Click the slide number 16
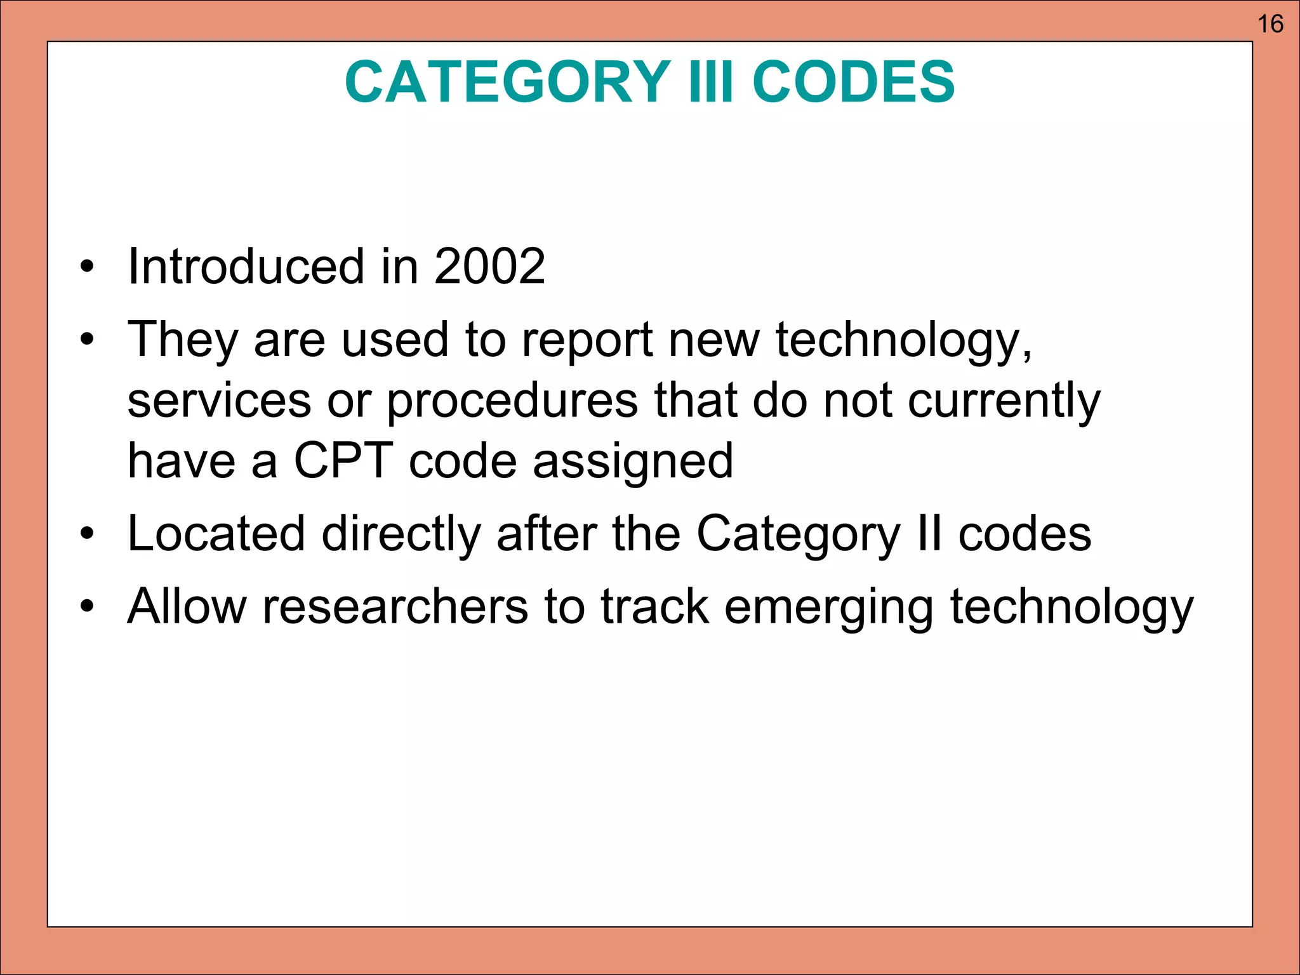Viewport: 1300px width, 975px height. (x=1270, y=24)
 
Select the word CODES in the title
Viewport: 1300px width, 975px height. (x=853, y=82)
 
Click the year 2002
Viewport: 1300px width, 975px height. (x=489, y=266)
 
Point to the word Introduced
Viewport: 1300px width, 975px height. (x=246, y=266)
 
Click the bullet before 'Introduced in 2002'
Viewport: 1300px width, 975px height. (x=87, y=267)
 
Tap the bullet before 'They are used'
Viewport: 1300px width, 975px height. (x=87, y=341)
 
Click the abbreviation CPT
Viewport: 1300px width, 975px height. (x=343, y=461)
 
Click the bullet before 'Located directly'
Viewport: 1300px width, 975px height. (x=87, y=534)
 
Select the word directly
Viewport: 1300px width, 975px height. (x=401, y=534)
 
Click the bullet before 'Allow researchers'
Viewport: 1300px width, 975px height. (x=87, y=607)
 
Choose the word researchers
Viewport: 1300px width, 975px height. (x=395, y=607)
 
